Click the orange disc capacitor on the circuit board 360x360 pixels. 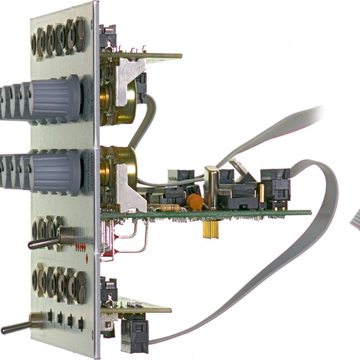point(194,201)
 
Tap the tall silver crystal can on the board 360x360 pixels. point(211,187)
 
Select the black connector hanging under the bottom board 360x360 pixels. point(135,334)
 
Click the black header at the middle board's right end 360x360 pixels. point(276,184)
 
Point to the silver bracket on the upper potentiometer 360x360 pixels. point(131,76)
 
